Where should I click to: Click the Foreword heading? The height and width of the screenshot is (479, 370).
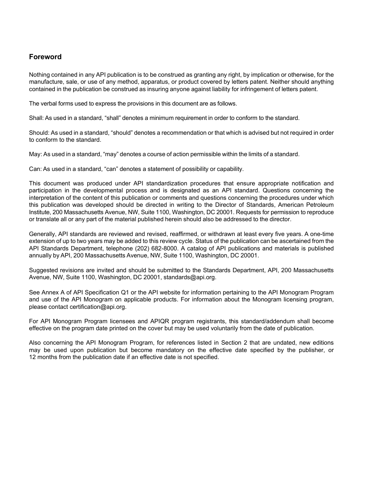[x=45, y=57]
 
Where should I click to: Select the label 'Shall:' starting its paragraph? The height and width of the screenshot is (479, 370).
[x=36, y=118]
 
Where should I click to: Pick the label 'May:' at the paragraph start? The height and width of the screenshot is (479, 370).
[x=35, y=154]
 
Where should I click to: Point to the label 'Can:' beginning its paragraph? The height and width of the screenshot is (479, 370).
[x=35, y=169]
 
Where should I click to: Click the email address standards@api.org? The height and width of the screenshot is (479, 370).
[x=189, y=277]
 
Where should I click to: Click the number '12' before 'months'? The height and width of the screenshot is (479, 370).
[x=32, y=357]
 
